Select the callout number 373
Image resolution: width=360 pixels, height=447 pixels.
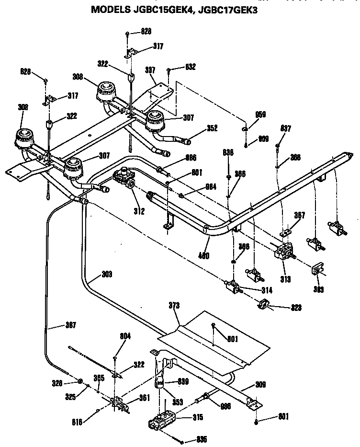coord(175,305)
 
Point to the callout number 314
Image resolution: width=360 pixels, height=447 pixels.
coord(254,290)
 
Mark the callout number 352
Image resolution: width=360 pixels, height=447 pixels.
coord(212,128)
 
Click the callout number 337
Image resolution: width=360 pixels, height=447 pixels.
coord(151,70)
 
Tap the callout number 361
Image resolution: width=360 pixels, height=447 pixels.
coord(144,397)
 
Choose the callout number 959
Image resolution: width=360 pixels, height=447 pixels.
coord(260,115)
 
